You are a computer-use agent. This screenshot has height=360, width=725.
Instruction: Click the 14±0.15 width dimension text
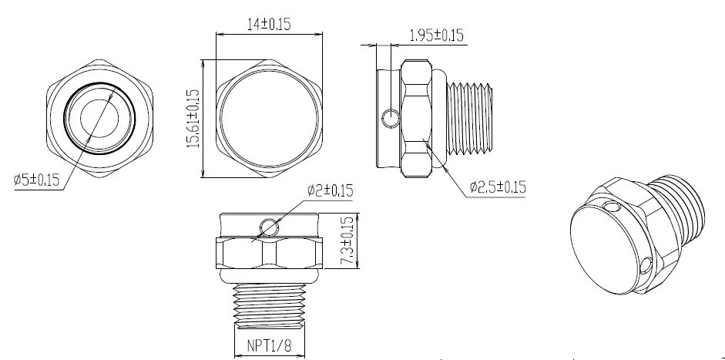click(268, 24)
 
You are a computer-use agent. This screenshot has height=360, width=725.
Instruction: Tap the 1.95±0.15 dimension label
click(436, 35)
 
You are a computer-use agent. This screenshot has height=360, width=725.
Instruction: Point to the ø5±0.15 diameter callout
click(37, 180)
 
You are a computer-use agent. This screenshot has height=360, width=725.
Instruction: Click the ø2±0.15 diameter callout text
click(330, 190)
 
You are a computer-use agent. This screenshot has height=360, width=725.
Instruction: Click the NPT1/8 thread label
click(268, 345)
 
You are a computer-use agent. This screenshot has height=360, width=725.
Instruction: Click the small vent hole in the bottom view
click(269, 227)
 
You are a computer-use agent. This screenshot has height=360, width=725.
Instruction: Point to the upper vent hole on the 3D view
click(612, 208)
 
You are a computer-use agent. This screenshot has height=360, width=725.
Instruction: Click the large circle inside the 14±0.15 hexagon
click(268, 118)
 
